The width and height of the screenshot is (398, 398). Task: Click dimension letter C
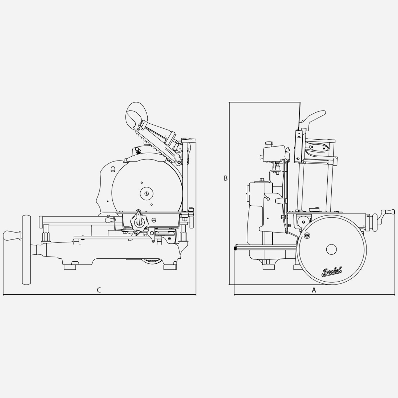(x=99, y=290)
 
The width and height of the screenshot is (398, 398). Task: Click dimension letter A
(x=314, y=290)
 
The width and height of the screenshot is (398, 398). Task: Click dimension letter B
(x=226, y=178)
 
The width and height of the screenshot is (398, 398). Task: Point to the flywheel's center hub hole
(x=331, y=249)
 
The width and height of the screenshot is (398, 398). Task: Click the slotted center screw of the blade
(x=147, y=193)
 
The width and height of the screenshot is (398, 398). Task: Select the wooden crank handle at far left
(x=12, y=236)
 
